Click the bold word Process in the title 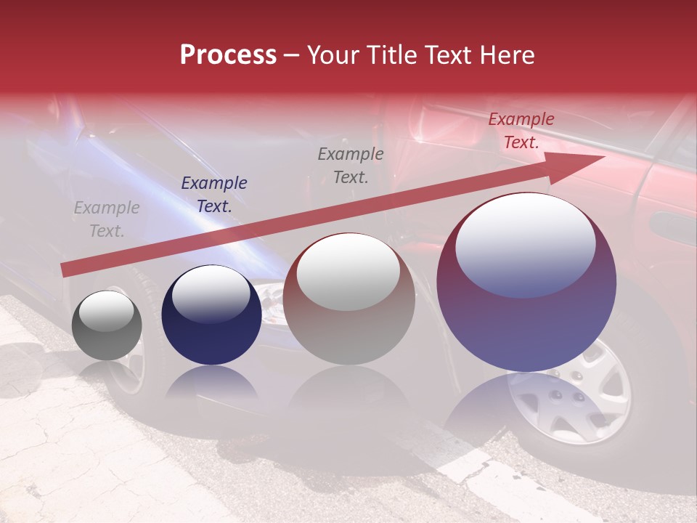228,55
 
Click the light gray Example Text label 107,219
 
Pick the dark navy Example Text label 214,195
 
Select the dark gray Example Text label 351,165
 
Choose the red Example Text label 521,131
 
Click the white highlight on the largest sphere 526,243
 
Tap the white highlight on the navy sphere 211,293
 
